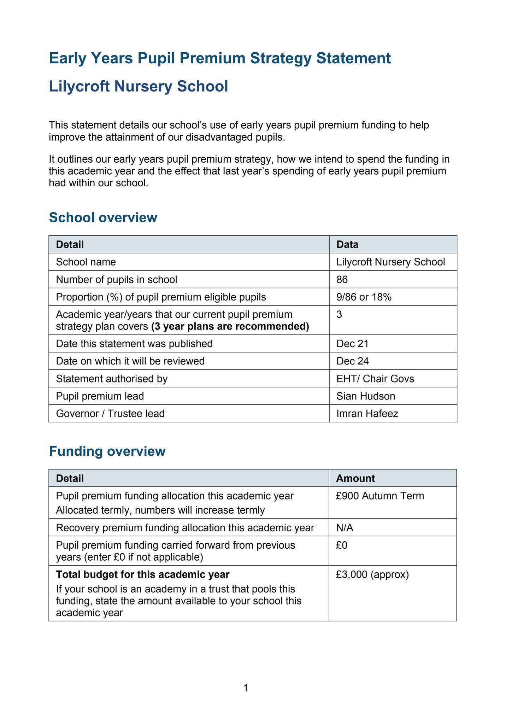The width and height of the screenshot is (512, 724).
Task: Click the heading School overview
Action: click(x=103, y=217)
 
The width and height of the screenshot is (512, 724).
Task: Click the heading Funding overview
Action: click(x=107, y=451)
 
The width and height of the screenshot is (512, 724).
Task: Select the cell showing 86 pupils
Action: click(x=342, y=280)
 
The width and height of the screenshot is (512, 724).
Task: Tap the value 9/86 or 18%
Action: click(x=364, y=297)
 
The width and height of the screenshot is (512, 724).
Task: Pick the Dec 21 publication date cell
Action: click(x=352, y=344)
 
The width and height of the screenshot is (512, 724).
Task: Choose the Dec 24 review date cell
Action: click(x=352, y=361)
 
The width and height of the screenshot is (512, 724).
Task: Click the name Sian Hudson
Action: click(x=365, y=396)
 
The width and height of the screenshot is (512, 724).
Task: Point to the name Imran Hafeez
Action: click(x=367, y=414)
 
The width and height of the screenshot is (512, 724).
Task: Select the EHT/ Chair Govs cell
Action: click(x=375, y=379)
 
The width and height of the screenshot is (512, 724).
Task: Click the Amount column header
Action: click(x=355, y=478)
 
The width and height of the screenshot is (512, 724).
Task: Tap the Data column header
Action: click(x=347, y=244)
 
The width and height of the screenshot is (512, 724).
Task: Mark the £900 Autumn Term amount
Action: click(x=380, y=496)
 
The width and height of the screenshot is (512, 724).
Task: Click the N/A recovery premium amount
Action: click(x=345, y=528)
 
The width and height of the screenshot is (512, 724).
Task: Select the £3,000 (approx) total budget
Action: click(x=372, y=575)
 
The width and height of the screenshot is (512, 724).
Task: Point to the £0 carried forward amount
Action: click(x=342, y=545)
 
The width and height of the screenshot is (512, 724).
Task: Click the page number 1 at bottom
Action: click(x=246, y=688)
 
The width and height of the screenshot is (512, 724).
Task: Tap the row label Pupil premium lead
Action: click(x=100, y=396)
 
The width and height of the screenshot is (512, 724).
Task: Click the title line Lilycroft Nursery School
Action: click(x=139, y=86)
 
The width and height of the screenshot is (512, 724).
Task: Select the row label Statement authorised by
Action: click(x=112, y=379)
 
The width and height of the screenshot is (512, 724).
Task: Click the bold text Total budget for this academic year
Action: click(x=143, y=575)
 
